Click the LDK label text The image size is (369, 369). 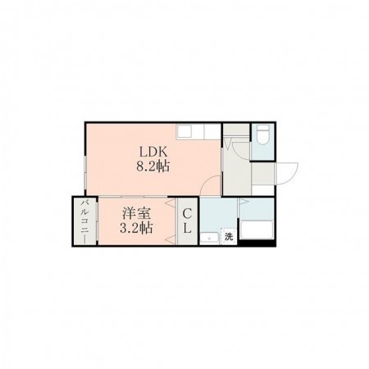153,152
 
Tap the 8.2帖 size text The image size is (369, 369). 153,166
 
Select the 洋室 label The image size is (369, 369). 136,213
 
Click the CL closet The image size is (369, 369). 187,221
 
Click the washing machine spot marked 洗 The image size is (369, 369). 229,237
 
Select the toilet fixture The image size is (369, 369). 264,134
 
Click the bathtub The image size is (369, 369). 256,230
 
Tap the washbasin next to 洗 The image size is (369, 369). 209,239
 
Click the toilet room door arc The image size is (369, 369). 240,152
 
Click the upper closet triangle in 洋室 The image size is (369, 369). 170,203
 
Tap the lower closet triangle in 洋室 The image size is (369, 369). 170,240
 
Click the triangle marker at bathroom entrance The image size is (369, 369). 244,202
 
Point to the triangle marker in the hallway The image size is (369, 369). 227,143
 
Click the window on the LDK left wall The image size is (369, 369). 85,172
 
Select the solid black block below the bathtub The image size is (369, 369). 257,243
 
